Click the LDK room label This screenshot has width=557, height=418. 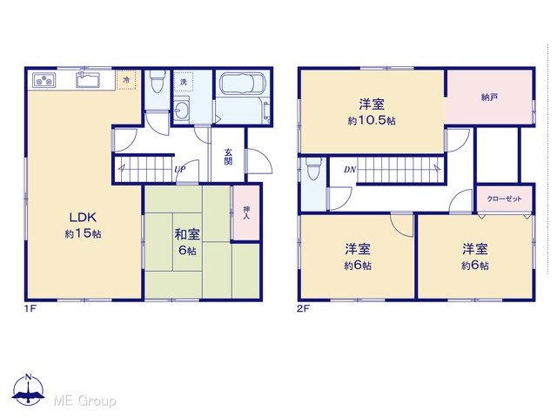tap(83, 217)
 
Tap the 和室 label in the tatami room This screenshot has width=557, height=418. tap(187, 234)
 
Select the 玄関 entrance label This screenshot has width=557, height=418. tap(228, 157)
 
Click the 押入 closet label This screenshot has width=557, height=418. tap(245, 212)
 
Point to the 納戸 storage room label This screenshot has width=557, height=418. tap(489, 97)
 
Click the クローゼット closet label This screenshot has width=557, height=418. tap(505, 199)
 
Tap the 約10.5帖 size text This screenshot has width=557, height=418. tap(372, 120)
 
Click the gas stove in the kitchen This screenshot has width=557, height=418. tap(44, 80)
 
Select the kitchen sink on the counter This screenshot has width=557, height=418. tap(89, 79)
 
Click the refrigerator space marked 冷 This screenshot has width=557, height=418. tap(126, 80)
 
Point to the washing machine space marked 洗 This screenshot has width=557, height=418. tap(184, 82)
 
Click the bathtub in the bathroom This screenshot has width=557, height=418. tap(243, 84)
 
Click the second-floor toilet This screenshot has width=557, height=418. tap(313, 168)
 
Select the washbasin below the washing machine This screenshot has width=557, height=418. tap(182, 109)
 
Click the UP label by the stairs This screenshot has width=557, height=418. tap(180, 170)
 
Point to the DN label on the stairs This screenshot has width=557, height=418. tap(350, 170)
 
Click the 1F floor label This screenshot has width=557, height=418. tap(30, 308)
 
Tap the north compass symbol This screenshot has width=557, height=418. tap(29, 389)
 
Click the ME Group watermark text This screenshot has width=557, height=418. tap(84, 401)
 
